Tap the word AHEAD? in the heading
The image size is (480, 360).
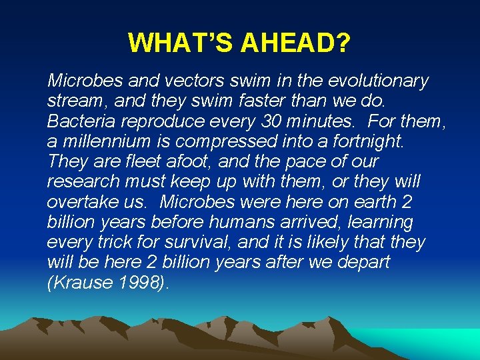tap(296, 43)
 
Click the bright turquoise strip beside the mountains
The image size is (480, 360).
tap(440, 342)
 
